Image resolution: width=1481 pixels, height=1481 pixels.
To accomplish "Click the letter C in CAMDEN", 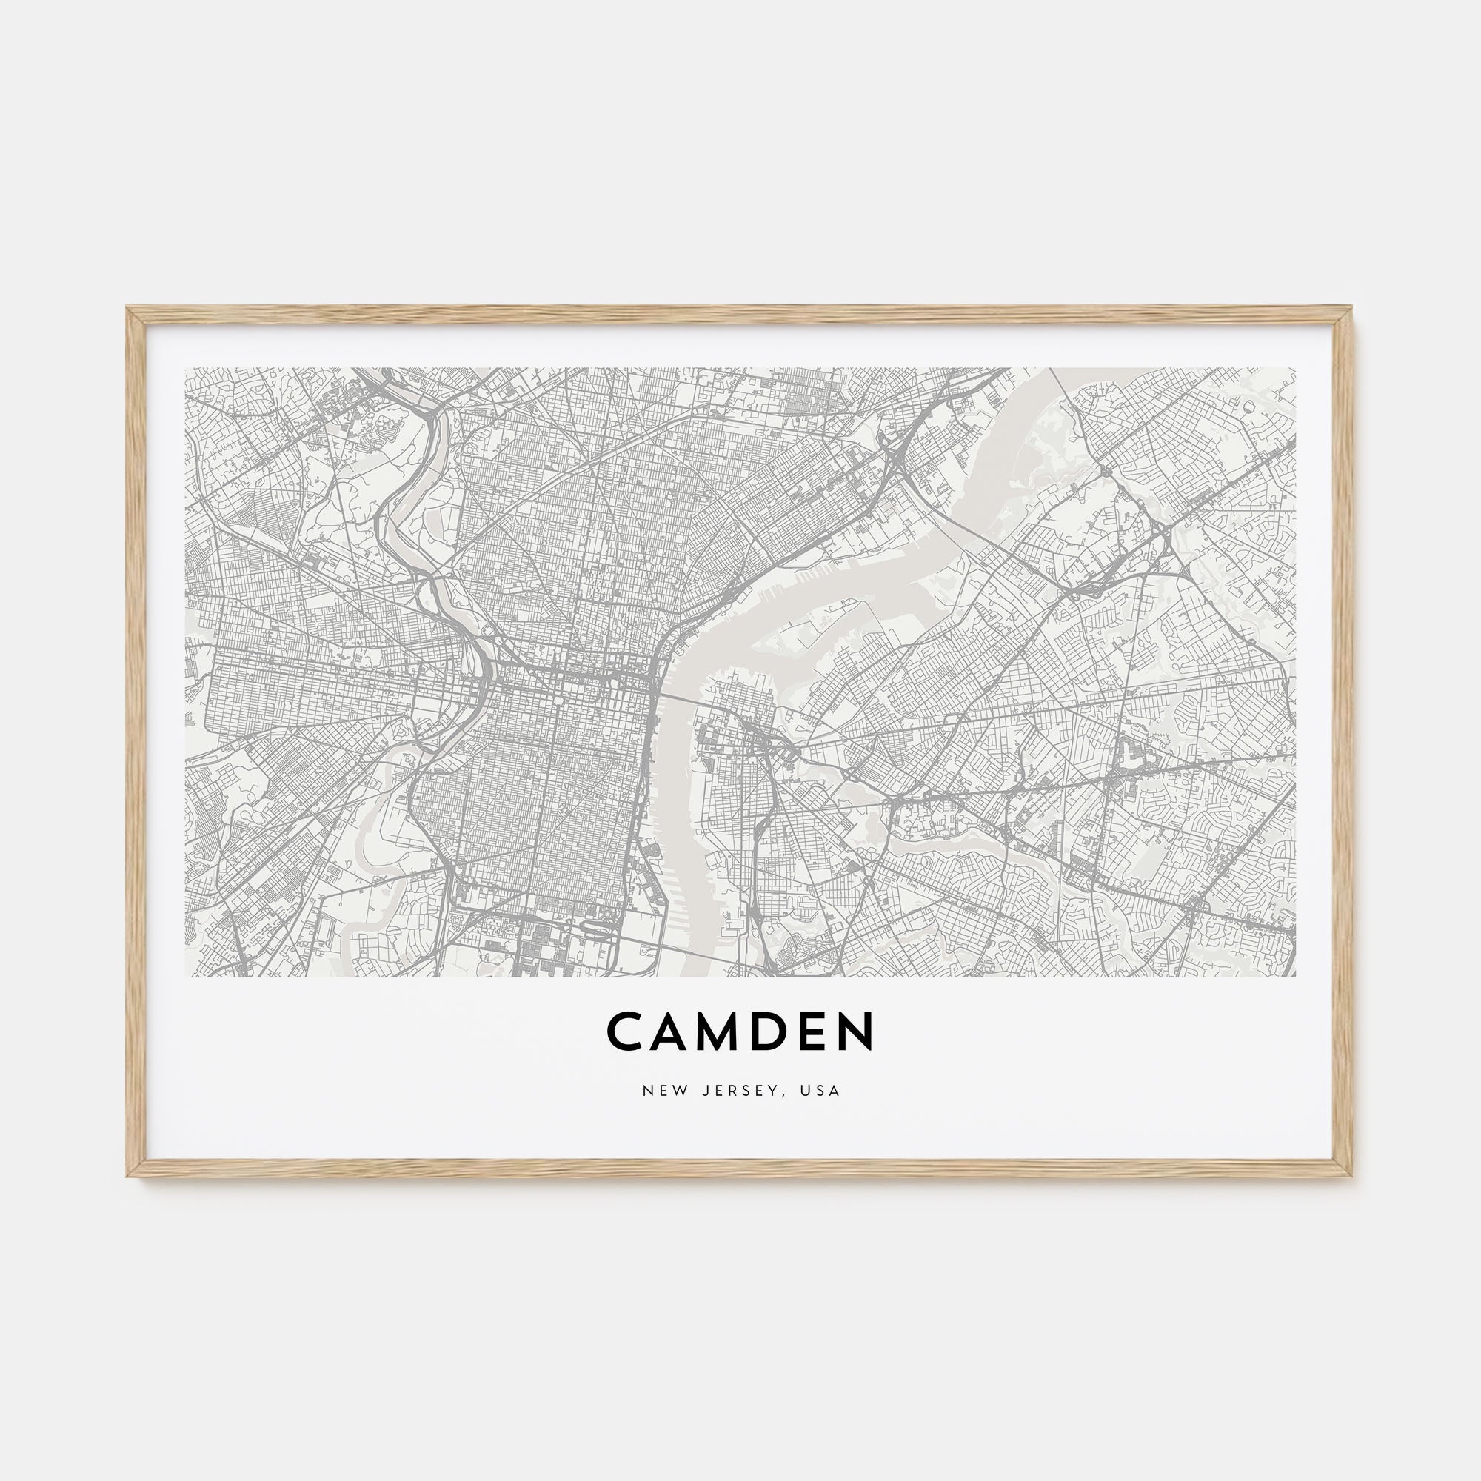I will click(626, 1032).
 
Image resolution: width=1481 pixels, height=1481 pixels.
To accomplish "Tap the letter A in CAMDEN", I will click(675, 1032).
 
